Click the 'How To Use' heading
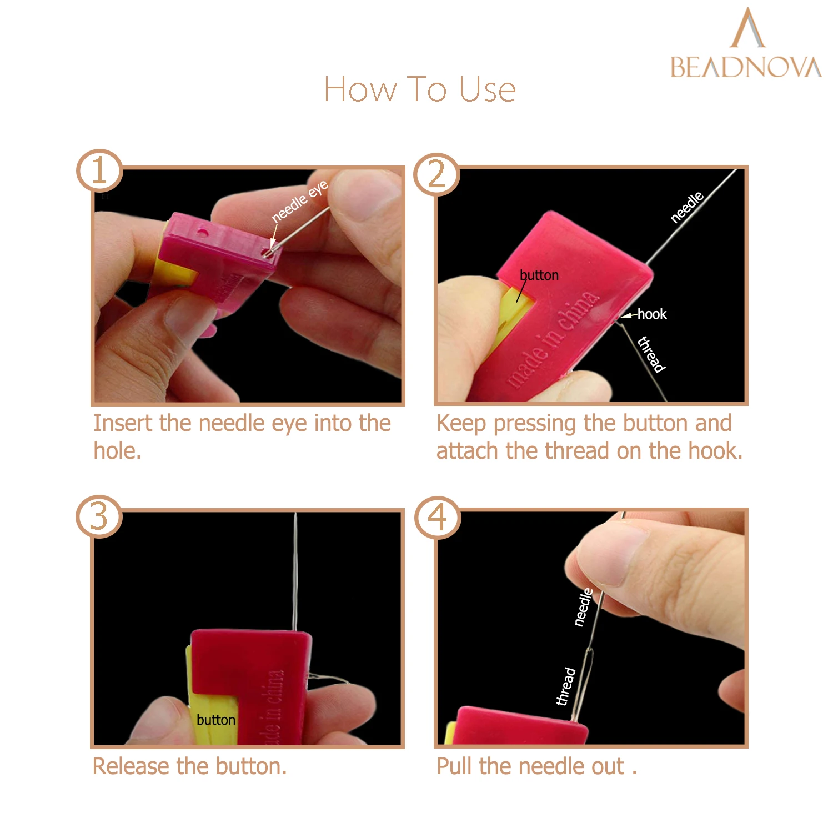click(420, 89)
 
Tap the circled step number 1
click(99, 170)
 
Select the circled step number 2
click(436, 174)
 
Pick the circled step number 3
click(99, 516)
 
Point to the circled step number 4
click(438, 518)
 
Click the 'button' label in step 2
click(539, 275)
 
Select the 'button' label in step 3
click(216, 720)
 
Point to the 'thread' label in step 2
click(651, 354)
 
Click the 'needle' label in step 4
click(583, 607)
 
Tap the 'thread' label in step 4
click(566, 686)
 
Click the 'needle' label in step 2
click(687, 207)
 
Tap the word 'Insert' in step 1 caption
click(122, 423)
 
